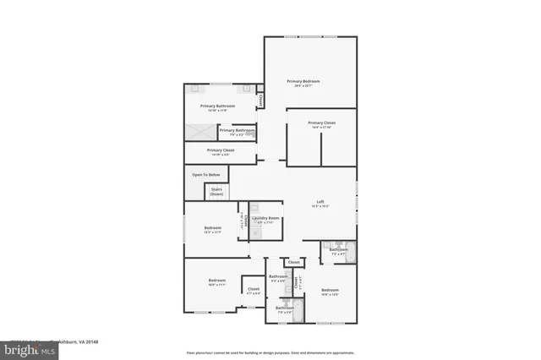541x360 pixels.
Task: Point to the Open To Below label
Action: point(203,175)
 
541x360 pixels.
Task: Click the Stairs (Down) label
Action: point(216,192)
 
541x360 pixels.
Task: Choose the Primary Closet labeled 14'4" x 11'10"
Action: point(321,124)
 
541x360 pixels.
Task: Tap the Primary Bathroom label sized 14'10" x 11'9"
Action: point(217,107)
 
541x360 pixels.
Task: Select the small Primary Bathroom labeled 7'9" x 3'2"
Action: point(237,131)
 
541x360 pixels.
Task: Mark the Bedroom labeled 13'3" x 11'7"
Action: point(212,229)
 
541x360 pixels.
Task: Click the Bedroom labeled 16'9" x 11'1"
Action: point(217,281)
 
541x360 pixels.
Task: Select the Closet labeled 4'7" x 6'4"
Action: point(253,291)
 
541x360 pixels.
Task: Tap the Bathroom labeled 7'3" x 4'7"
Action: point(338,251)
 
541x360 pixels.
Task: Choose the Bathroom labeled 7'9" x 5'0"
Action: point(284,309)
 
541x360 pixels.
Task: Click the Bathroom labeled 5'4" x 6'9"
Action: point(278,278)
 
